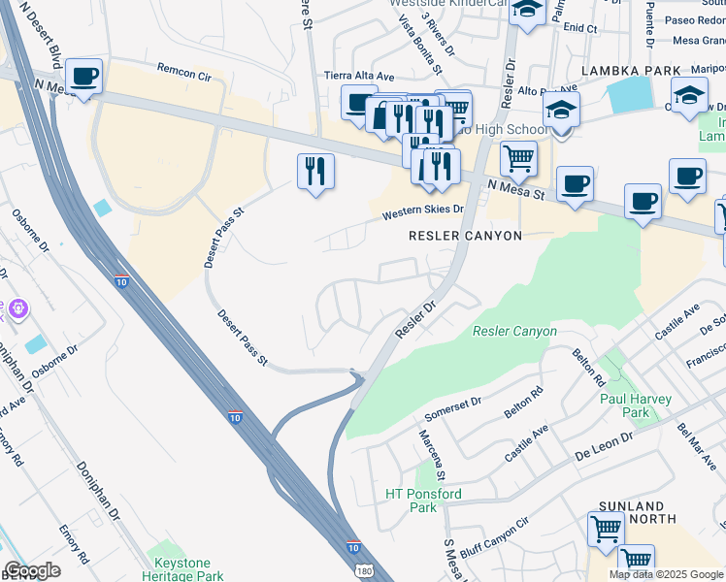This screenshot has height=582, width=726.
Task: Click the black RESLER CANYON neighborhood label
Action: (x=465, y=236)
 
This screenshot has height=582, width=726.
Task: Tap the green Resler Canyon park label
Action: (x=514, y=332)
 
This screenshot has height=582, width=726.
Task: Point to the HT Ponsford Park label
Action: (x=423, y=501)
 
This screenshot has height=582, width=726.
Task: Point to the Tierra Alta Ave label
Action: (x=359, y=77)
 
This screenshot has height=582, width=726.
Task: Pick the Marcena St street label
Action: (x=432, y=455)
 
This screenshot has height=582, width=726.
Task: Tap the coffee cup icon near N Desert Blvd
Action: (x=83, y=77)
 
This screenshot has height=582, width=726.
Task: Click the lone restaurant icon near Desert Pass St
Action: (x=315, y=172)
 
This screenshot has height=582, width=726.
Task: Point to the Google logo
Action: (x=32, y=570)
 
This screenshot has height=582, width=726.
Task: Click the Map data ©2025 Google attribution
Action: (x=666, y=574)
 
